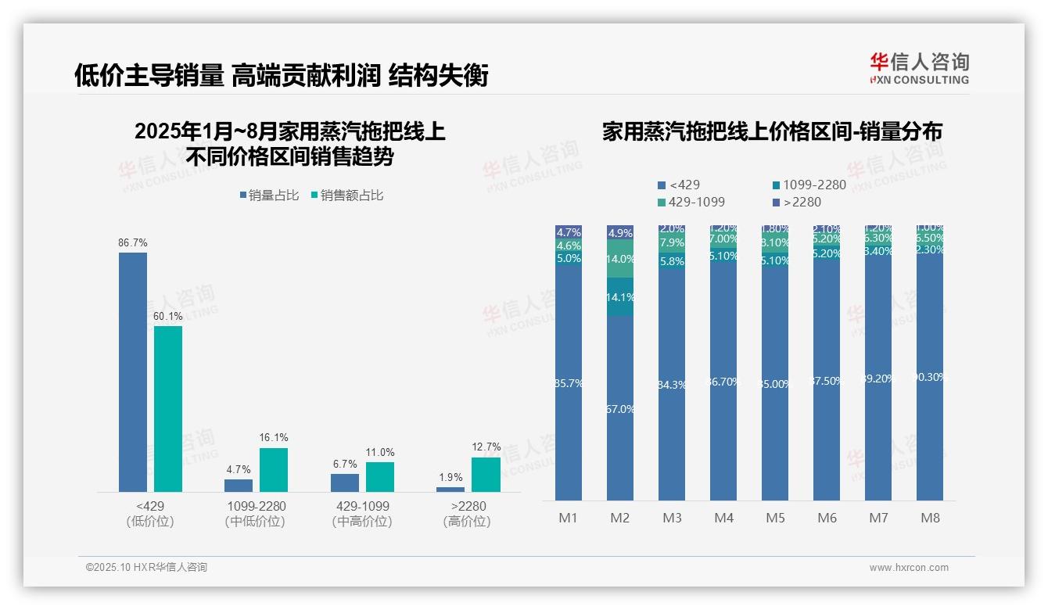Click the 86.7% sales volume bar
click(x=133, y=371)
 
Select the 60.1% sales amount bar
click(x=168, y=408)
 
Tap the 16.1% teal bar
click(x=274, y=469)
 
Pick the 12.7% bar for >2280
click(x=486, y=474)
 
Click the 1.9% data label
click(x=450, y=478)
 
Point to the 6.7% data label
click(x=344, y=465)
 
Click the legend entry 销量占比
click(x=269, y=196)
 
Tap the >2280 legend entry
click(x=797, y=202)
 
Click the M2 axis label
click(x=620, y=518)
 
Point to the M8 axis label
click(x=930, y=518)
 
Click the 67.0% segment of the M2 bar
click(x=620, y=408)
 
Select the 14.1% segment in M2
click(x=620, y=297)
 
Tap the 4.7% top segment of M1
click(x=569, y=232)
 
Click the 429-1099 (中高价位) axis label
click(x=361, y=513)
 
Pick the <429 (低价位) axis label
click(x=150, y=513)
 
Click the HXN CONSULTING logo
click(x=919, y=68)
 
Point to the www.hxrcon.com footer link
click(x=909, y=568)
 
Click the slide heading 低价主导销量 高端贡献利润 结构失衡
click(x=282, y=75)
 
